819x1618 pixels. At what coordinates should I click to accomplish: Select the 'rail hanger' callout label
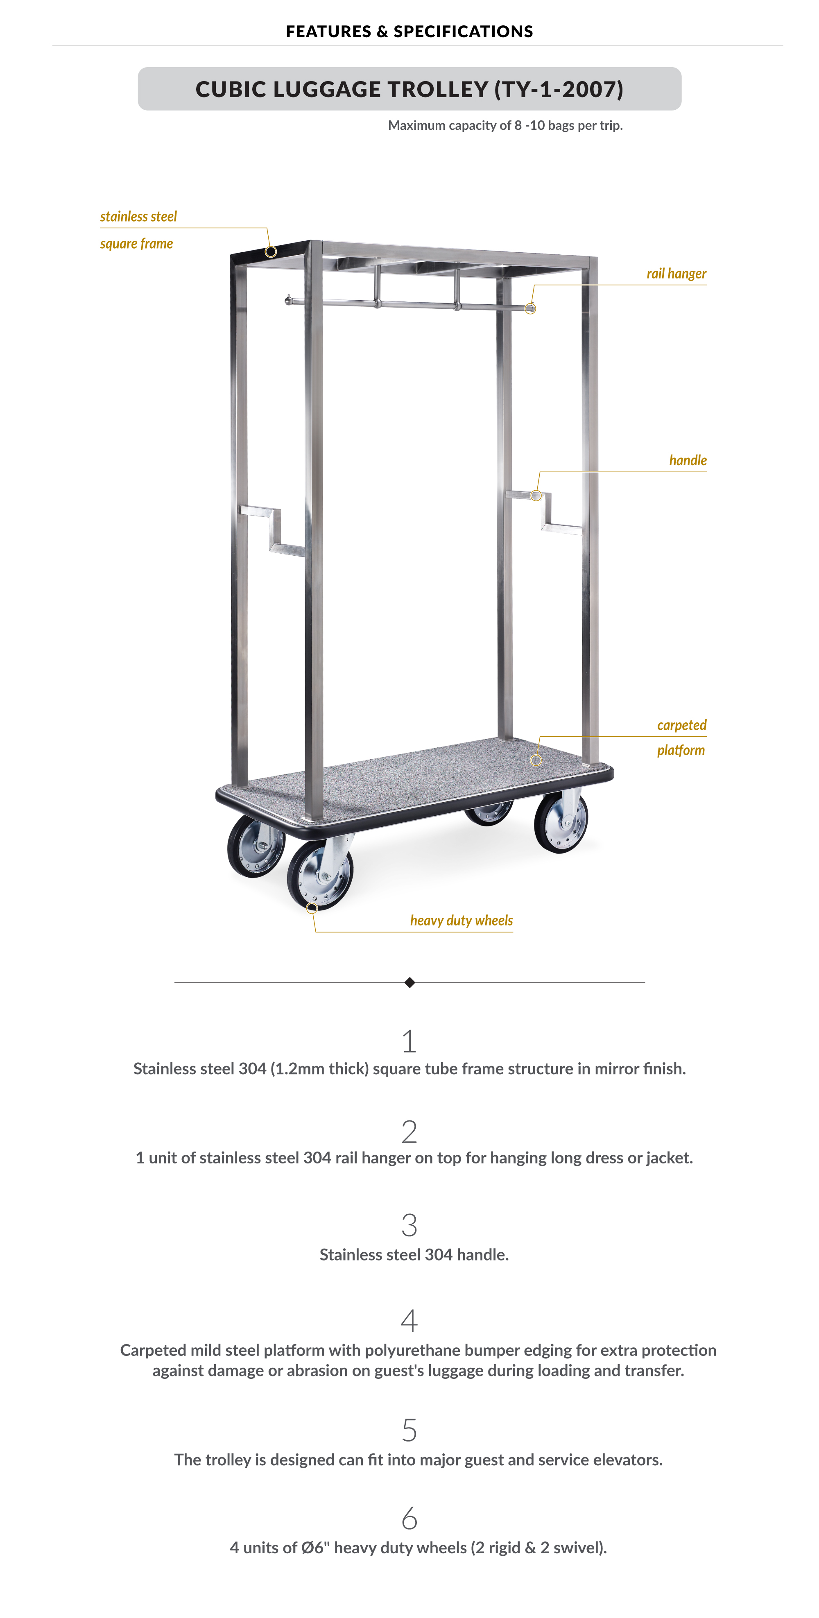676,274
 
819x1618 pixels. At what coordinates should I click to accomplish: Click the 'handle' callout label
688,460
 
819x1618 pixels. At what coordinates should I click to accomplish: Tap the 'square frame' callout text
136,244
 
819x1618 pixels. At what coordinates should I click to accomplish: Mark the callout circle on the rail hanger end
531,309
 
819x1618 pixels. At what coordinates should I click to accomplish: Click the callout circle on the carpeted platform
536,760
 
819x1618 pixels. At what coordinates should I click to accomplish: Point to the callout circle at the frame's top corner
271,252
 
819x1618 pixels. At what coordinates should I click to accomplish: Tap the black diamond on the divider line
409,982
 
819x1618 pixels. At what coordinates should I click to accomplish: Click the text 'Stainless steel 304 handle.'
414,1254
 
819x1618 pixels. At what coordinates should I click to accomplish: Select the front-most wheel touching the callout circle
320,874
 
